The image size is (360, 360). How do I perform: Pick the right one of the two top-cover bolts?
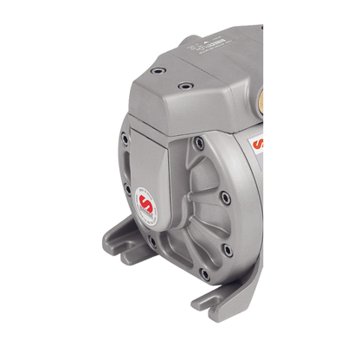(x=183, y=87)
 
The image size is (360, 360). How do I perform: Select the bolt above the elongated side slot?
(x=126, y=139)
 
